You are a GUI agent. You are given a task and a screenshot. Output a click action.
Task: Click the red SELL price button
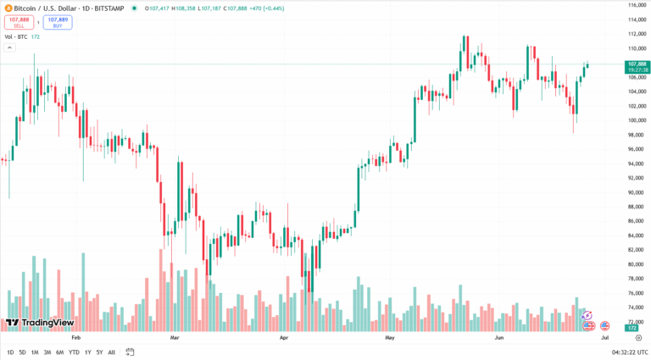[19, 23]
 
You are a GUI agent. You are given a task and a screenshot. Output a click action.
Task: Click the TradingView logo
[39, 323]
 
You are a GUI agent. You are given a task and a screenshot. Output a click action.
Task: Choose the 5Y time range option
[99, 352]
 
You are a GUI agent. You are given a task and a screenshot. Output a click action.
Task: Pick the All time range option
[112, 352]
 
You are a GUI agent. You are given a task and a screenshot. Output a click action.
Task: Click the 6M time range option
[58, 352]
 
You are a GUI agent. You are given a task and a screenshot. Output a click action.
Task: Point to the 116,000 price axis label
[637, 5]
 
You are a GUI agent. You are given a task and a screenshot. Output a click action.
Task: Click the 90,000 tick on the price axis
[637, 192]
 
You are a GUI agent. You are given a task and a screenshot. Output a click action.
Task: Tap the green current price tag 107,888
[637, 64]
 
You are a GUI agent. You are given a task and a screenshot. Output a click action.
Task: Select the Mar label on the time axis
[175, 336]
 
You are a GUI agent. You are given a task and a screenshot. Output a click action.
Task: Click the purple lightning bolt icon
[586, 315]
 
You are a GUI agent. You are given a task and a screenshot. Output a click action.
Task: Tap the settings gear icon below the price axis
[637, 337]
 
